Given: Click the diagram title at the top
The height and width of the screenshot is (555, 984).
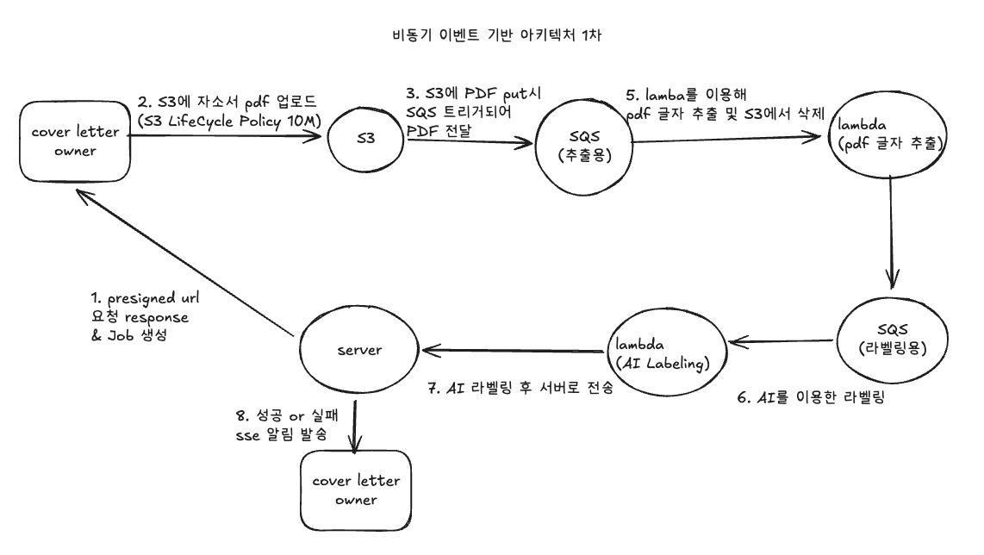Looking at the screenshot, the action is [x=496, y=34].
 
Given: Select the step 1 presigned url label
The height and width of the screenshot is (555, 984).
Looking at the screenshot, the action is [x=145, y=316].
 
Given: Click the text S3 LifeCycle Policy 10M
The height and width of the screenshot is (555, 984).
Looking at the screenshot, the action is [x=229, y=121].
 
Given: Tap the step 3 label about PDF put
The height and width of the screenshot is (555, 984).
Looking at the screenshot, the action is [x=473, y=112].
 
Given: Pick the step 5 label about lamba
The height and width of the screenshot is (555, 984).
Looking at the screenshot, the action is [x=725, y=104].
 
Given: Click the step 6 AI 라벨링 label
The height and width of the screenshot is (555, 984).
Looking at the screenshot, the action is [x=811, y=396].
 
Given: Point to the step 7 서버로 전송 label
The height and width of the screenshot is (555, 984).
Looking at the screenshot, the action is [x=520, y=387].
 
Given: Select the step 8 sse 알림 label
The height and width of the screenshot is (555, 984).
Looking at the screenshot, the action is [x=287, y=424].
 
